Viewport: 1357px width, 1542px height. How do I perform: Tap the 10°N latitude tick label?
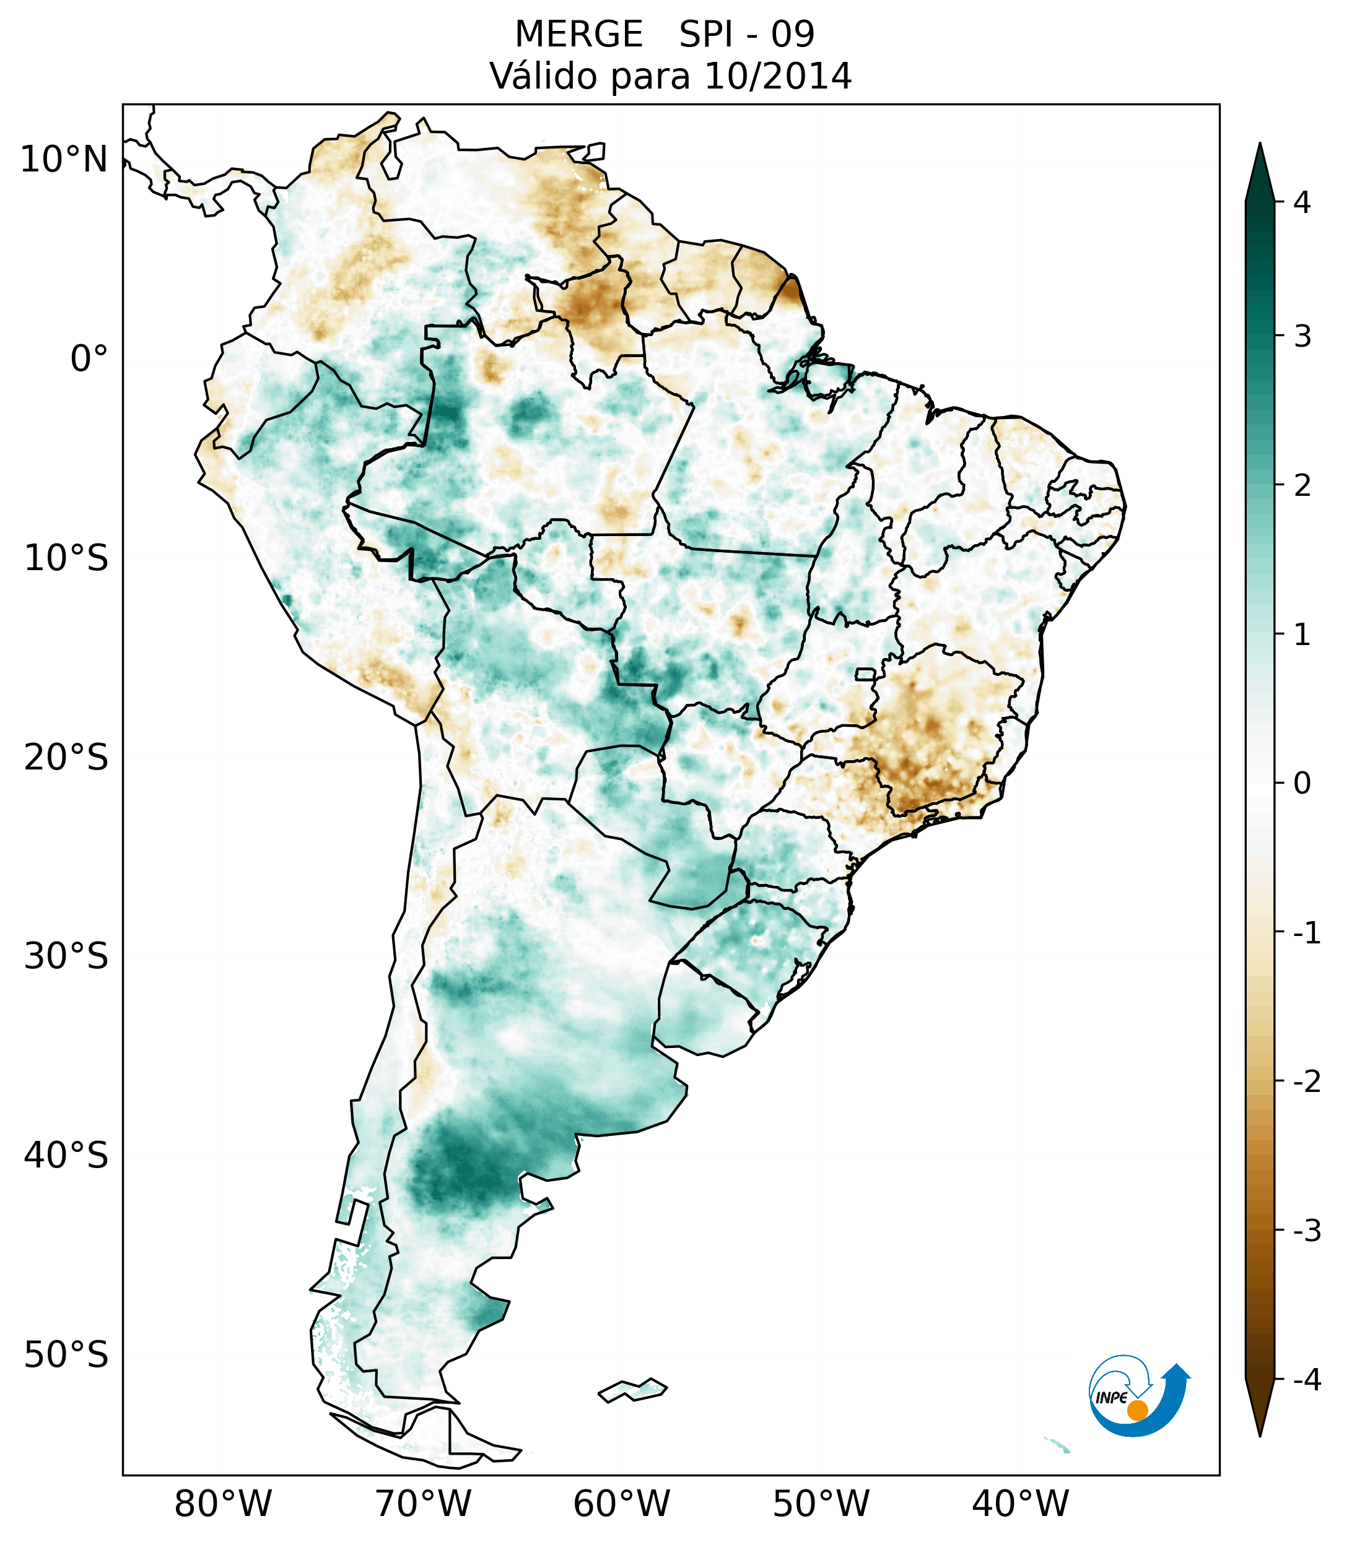[63, 160]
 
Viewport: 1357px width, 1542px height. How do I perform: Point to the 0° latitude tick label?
[89, 359]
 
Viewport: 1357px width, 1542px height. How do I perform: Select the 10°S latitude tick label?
[66, 558]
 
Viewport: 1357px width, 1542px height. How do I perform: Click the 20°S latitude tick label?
[66, 758]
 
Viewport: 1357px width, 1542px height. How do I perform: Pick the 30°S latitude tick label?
[66, 956]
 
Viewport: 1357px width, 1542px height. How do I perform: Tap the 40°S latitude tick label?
[66, 1156]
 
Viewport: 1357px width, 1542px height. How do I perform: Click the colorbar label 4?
[1302, 202]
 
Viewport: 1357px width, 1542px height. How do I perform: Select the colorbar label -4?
[1306, 1380]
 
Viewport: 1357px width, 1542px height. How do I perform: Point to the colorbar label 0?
[1302, 784]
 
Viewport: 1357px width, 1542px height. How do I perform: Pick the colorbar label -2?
[1306, 1082]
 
